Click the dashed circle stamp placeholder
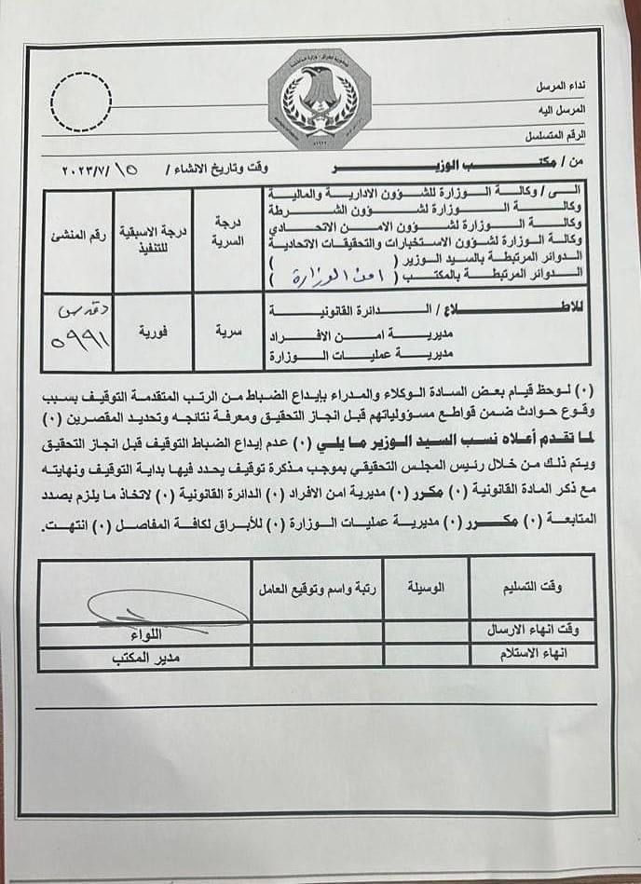[x=81, y=101]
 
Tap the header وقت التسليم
[x=532, y=587]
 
